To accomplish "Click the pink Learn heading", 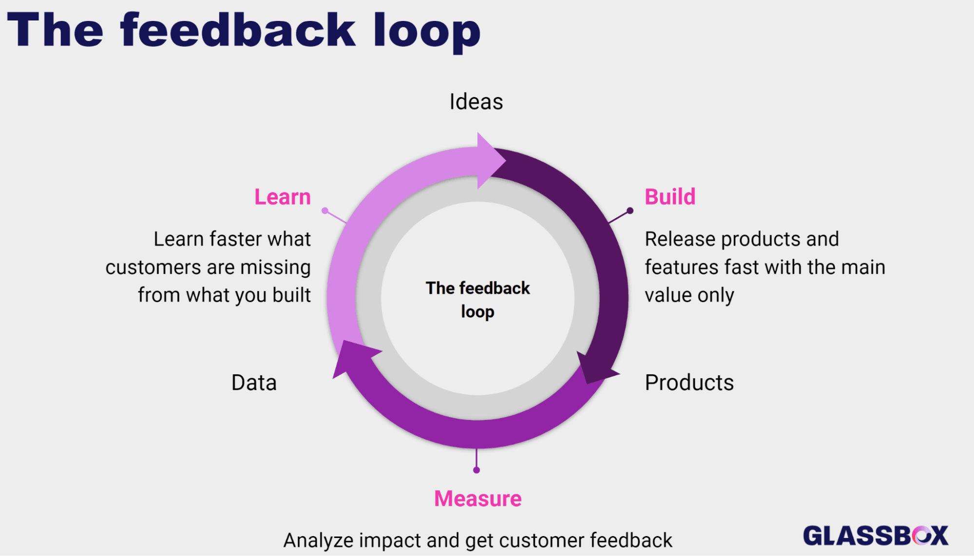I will tap(283, 197).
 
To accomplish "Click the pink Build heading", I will tap(670, 197).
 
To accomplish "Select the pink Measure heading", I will tap(477, 498).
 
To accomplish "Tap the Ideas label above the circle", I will tap(476, 102).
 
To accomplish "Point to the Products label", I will tap(689, 383).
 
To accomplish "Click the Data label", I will tap(254, 383).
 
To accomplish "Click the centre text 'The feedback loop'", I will tap(477, 299).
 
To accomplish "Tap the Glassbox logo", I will tap(876, 536).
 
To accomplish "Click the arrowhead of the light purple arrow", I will tap(490, 160).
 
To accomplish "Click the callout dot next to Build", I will tap(630, 211).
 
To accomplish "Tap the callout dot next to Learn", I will tap(325, 211).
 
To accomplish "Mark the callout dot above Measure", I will tap(477, 470).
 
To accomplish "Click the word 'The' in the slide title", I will tap(55, 30).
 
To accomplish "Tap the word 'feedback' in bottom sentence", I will tap(631, 540).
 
